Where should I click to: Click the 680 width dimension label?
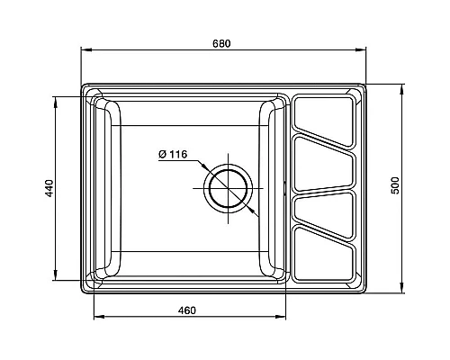click(x=221, y=43)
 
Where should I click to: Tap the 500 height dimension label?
click(x=396, y=185)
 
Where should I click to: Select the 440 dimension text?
click(x=49, y=188)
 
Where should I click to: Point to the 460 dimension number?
click(x=187, y=310)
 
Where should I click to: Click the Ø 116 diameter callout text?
click(x=173, y=155)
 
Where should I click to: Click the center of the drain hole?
click(x=229, y=188)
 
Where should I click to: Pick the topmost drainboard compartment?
click(x=323, y=121)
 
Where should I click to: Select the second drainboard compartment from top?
click(x=323, y=164)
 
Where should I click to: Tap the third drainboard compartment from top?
click(x=323, y=214)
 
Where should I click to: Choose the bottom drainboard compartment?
click(x=323, y=254)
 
